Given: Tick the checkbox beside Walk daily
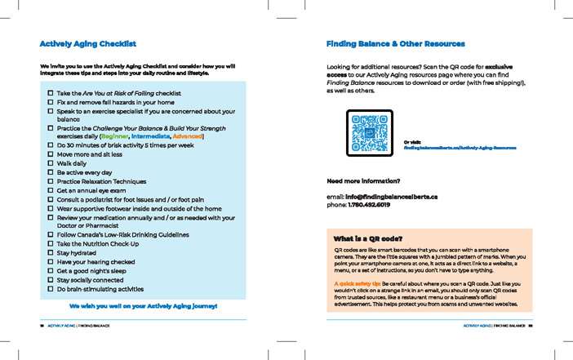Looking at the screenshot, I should (x=51, y=163).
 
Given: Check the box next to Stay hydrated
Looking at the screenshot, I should (x=51, y=253).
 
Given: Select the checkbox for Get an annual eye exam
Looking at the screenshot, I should (x=51, y=190).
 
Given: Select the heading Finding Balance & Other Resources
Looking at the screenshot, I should (x=395, y=43).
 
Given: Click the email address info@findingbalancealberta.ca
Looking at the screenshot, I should (x=391, y=197).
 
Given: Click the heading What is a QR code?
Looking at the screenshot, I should (x=371, y=239).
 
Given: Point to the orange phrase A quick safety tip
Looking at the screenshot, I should (x=357, y=282).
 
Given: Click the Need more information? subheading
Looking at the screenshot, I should (x=363, y=180).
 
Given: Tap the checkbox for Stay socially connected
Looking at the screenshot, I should (x=51, y=280).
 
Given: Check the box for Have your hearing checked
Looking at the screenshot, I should (x=51, y=262).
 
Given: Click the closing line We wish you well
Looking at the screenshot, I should (x=143, y=305).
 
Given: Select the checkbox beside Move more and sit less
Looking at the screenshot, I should (x=51, y=154).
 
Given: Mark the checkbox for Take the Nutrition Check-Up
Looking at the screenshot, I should (x=51, y=244).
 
